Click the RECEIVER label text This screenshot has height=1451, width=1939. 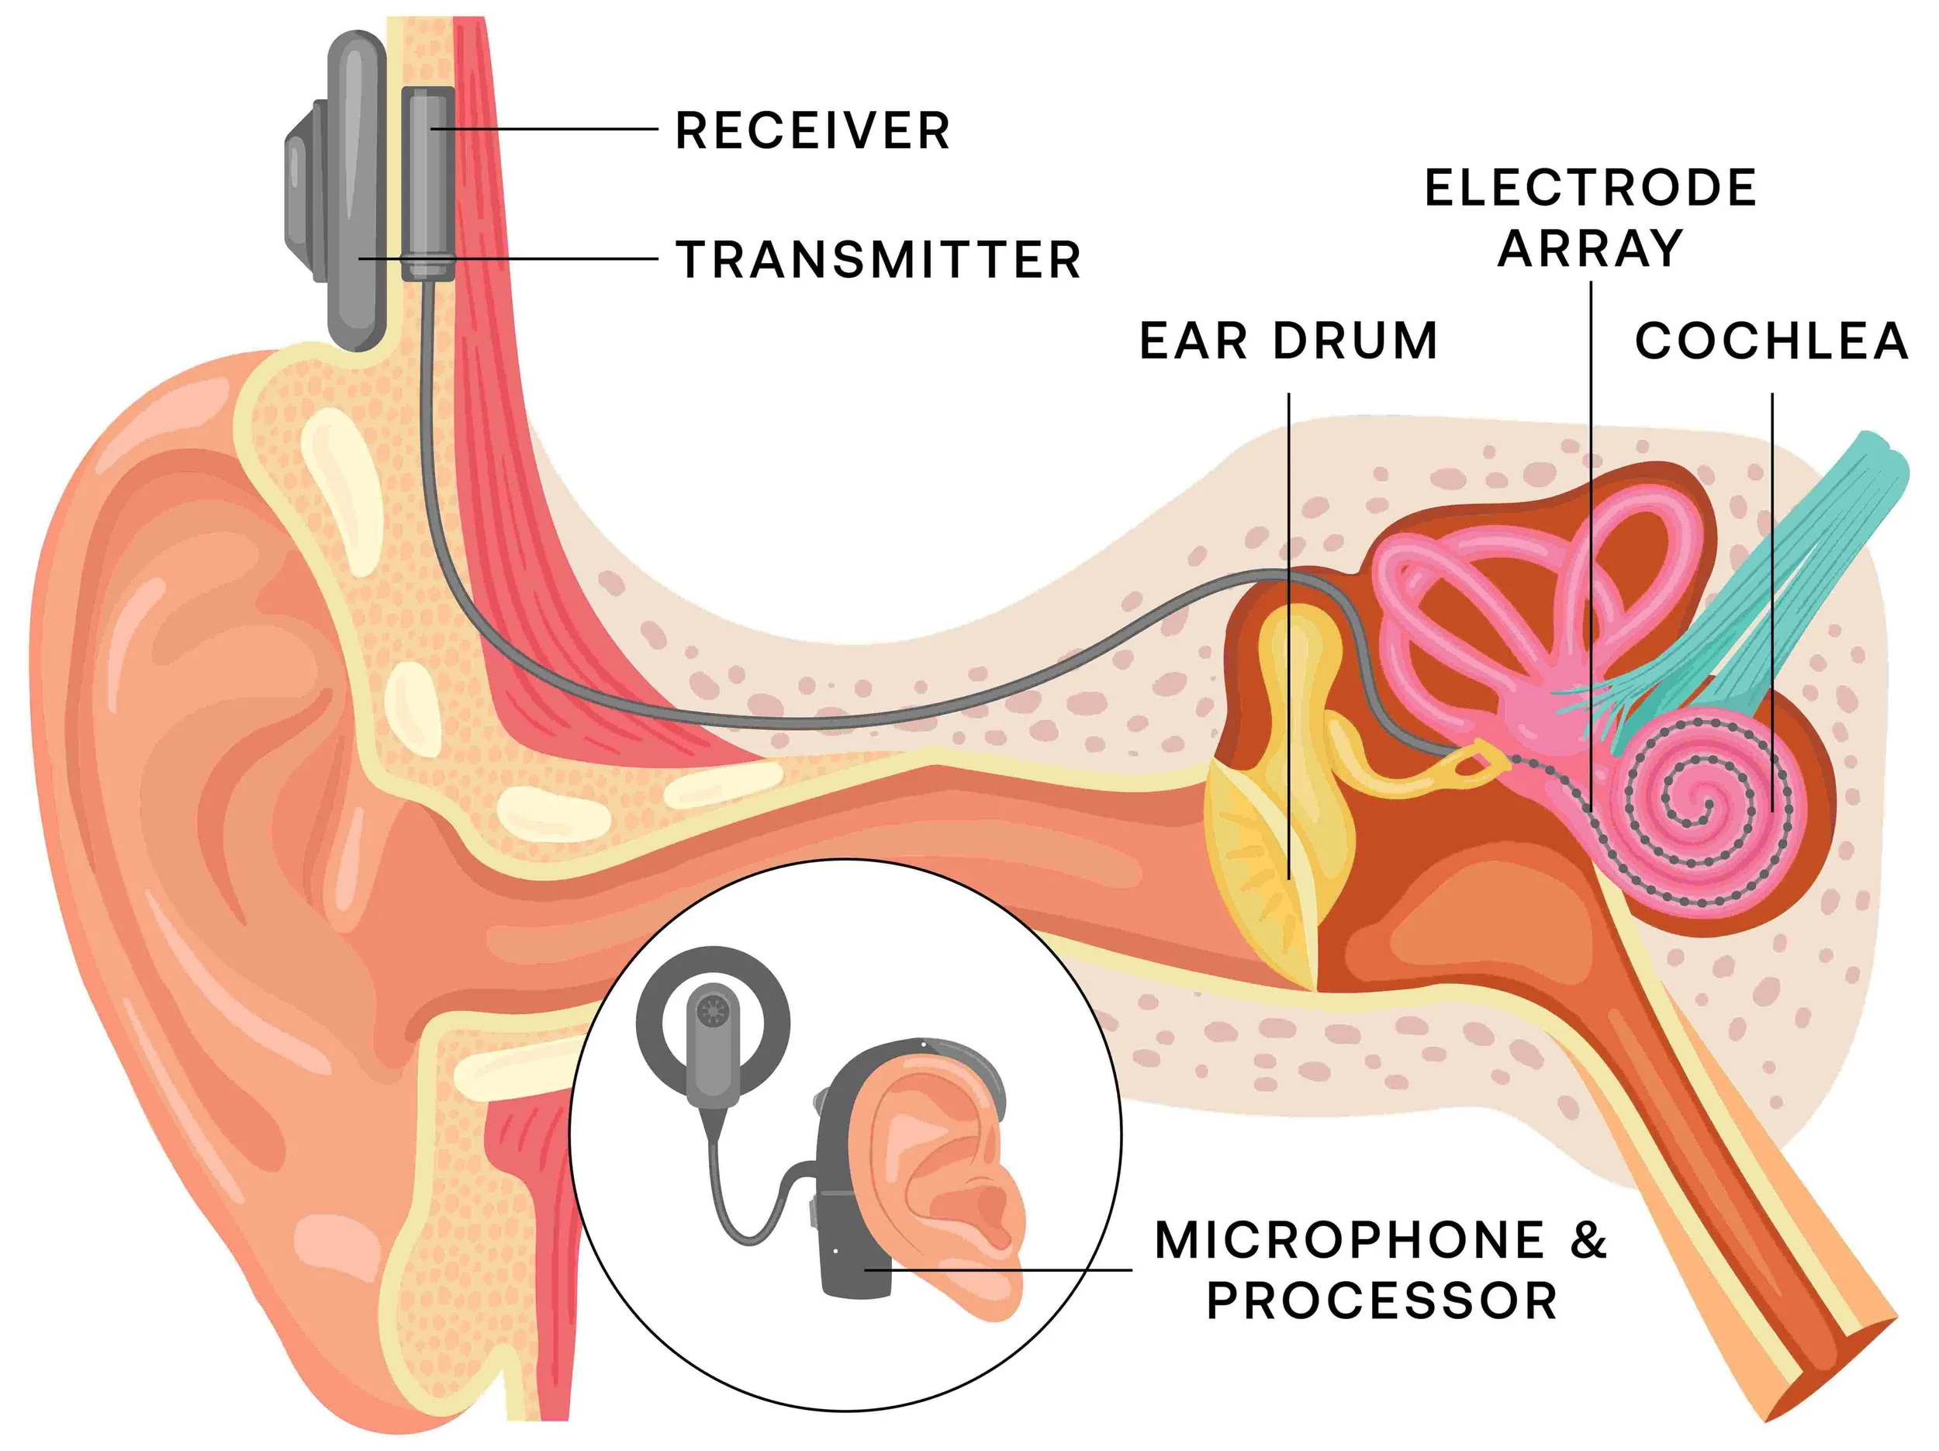point(813,130)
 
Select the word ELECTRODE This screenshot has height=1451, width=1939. point(1590,188)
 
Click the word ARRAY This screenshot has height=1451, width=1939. point(1590,248)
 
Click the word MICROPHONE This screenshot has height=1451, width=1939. point(1351,1241)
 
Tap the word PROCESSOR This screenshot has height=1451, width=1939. point(1382,1301)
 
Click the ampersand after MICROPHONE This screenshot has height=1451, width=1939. point(1588,1241)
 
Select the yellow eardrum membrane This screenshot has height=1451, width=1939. point(1262,868)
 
